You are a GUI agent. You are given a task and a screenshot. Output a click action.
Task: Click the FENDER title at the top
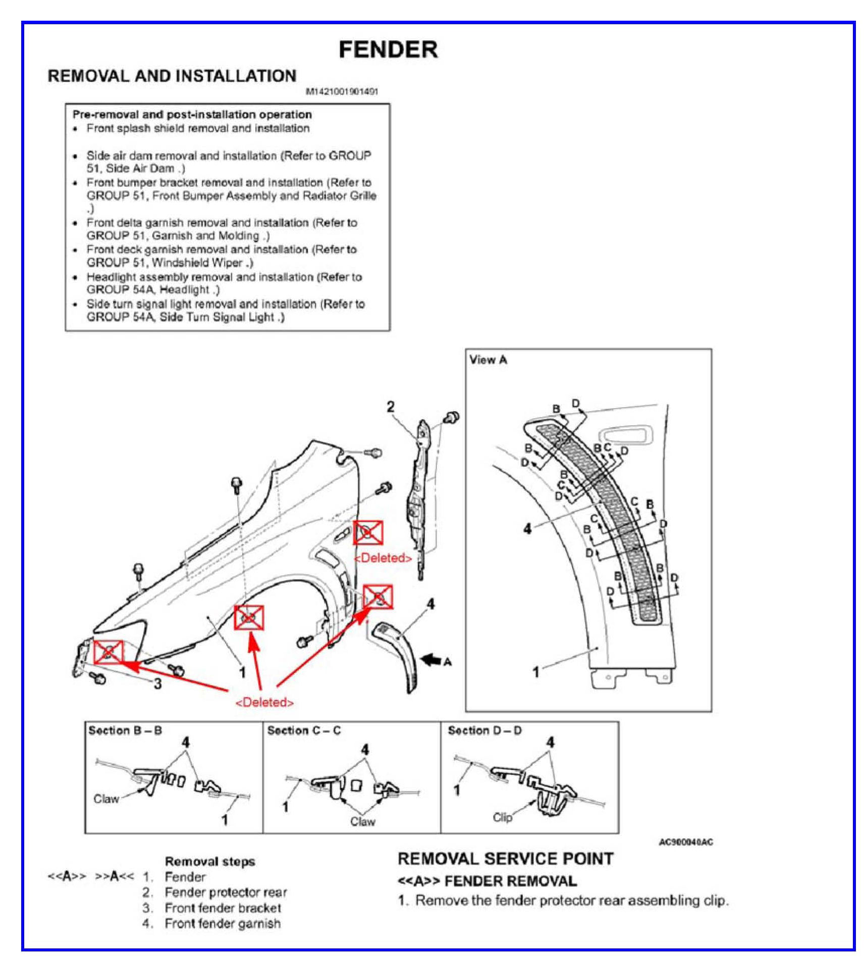pyautogui.click(x=388, y=49)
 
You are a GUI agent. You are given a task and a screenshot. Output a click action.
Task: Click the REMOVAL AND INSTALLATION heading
pyautogui.click(x=172, y=76)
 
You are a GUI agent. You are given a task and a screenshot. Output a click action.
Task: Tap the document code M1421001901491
pyautogui.click(x=342, y=92)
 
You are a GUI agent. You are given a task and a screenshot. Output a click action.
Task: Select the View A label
pyautogui.click(x=488, y=360)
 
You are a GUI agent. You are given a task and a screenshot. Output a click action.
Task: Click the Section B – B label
pyautogui.click(x=125, y=730)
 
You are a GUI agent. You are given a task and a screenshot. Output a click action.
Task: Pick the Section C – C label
pyautogui.click(x=304, y=730)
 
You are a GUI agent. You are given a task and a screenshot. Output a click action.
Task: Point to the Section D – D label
pyautogui.click(x=484, y=730)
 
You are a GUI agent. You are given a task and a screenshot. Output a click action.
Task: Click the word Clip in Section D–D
pyautogui.click(x=502, y=817)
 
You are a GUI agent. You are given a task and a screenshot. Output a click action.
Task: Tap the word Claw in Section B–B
pyautogui.click(x=106, y=799)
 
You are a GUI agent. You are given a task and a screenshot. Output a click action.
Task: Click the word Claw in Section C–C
pyautogui.click(x=362, y=822)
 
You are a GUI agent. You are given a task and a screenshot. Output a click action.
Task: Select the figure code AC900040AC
pyautogui.click(x=686, y=842)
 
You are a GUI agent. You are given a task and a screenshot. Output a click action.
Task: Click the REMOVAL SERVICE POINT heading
pyautogui.click(x=505, y=859)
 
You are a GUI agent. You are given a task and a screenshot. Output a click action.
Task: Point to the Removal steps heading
pyautogui.click(x=210, y=862)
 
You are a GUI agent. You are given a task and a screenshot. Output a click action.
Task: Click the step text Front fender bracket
pyautogui.click(x=223, y=908)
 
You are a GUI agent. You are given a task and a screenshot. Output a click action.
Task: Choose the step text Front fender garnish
pyautogui.click(x=223, y=924)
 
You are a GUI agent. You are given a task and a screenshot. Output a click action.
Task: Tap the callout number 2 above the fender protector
pyautogui.click(x=391, y=407)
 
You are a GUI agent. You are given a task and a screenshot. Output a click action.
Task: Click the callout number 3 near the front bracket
pyautogui.click(x=157, y=684)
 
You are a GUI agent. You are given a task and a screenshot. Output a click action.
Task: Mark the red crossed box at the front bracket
pyautogui.click(x=109, y=652)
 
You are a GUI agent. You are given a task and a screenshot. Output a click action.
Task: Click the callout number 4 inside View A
pyautogui.click(x=527, y=528)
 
